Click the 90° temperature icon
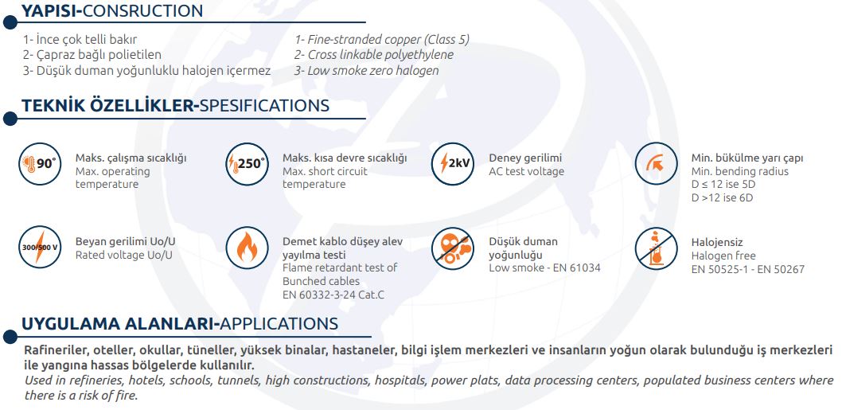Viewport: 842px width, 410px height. (41, 164)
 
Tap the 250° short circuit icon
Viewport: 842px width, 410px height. (247, 164)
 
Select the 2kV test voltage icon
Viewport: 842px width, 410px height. (453, 164)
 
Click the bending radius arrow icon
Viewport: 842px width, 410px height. (657, 164)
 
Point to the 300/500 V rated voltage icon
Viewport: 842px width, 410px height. (41, 248)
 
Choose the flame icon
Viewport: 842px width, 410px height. (247, 248)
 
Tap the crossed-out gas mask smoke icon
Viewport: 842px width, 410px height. (453, 248)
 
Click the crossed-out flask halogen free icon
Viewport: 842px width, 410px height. (657, 248)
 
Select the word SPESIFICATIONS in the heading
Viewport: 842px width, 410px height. (264, 105)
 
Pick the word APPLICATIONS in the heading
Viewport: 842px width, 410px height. (279, 324)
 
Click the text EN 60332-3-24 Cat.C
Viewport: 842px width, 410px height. (333, 295)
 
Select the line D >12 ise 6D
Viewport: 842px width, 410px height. (723, 197)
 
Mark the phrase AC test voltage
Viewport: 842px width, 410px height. (526, 171)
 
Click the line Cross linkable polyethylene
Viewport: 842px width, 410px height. (374, 55)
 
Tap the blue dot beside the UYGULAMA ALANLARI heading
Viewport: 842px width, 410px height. (10, 337)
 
